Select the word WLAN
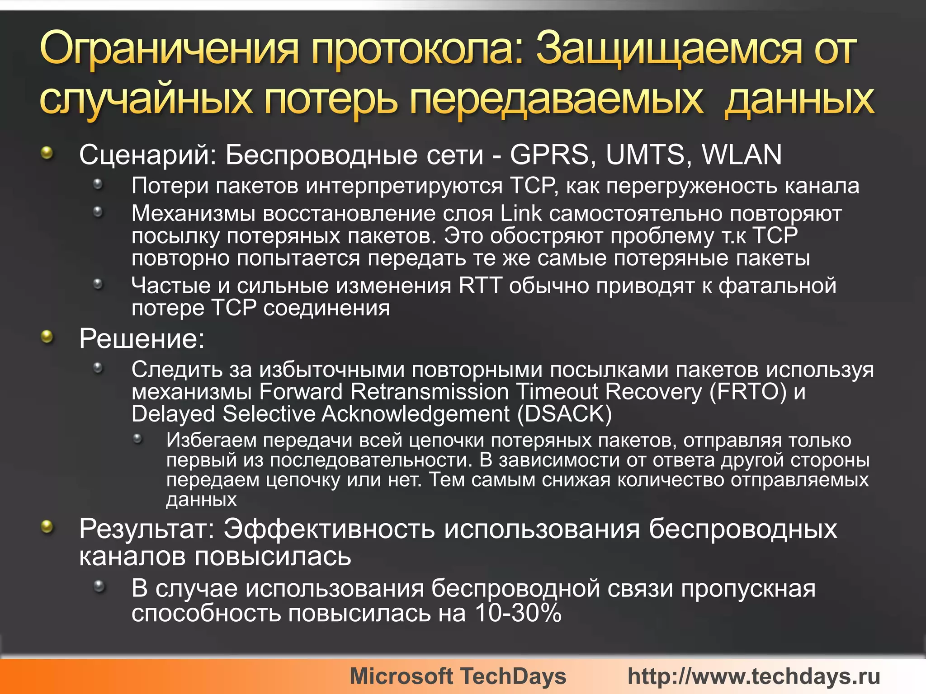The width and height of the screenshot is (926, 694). (742, 155)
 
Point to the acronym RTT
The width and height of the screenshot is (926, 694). (480, 286)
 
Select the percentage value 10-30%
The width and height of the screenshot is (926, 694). (518, 614)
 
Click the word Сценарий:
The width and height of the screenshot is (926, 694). (148, 155)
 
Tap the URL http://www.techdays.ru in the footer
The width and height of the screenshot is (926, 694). (754, 676)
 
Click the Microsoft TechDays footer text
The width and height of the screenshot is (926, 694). (458, 676)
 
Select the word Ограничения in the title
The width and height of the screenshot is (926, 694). (170, 48)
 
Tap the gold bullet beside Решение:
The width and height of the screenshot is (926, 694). (47, 336)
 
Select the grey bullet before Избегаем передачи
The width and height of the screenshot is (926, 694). (138, 438)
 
